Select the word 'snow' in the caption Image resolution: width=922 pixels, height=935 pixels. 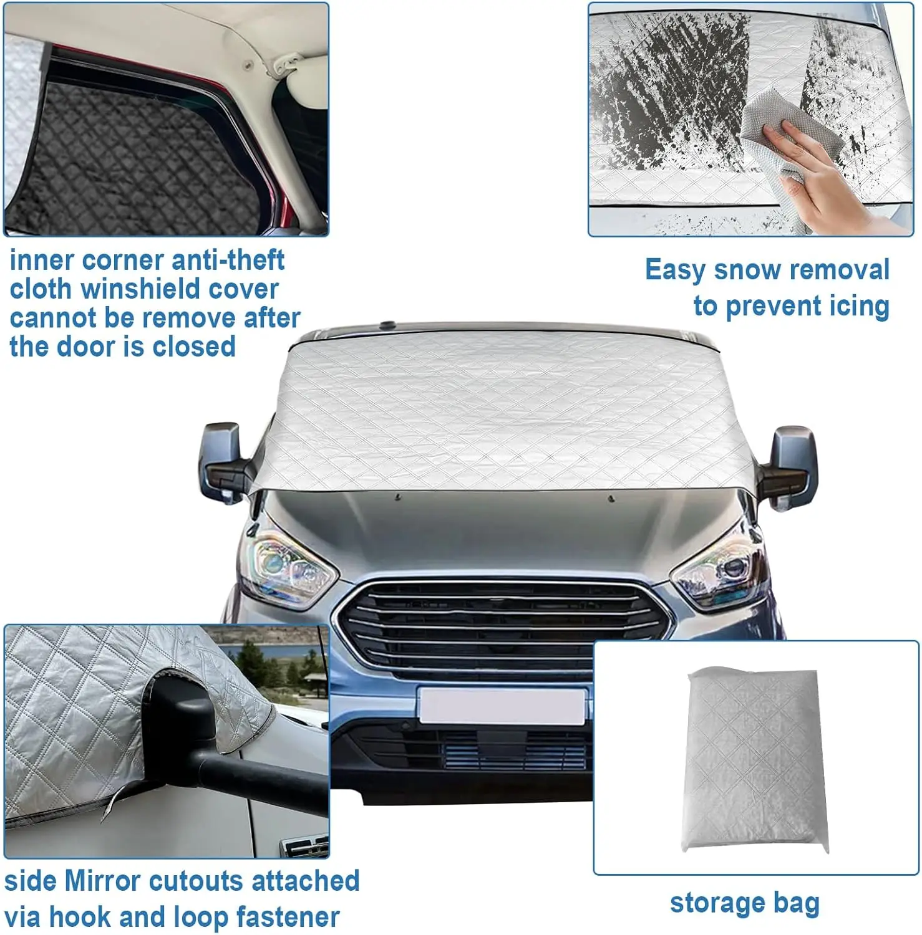click(x=747, y=270)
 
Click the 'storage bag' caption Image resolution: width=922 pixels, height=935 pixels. click(x=744, y=903)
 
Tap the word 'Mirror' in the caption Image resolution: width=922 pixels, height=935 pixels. click(x=102, y=881)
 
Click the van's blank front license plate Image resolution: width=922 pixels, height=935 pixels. click(x=502, y=706)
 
